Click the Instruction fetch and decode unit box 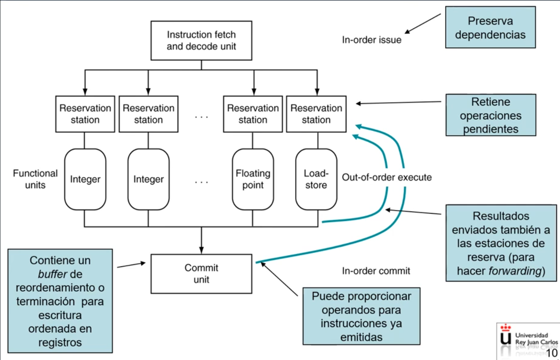(201, 40)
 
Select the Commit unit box (201, 274)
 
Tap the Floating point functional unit (253, 179)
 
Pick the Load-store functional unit (316, 179)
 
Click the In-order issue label (372, 40)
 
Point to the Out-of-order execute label (387, 177)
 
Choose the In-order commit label (376, 271)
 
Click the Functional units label (35, 179)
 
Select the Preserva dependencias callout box (490, 27)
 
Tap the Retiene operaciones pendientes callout (491, 115)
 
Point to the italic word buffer (52, 274)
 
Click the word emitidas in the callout (361, 337)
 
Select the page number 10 (552, 353)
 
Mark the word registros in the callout (60, 342)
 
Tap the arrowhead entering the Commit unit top (201, 250)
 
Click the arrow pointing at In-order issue (422, 24)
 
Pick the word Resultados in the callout (501, 216)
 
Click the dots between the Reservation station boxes (201, 117)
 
